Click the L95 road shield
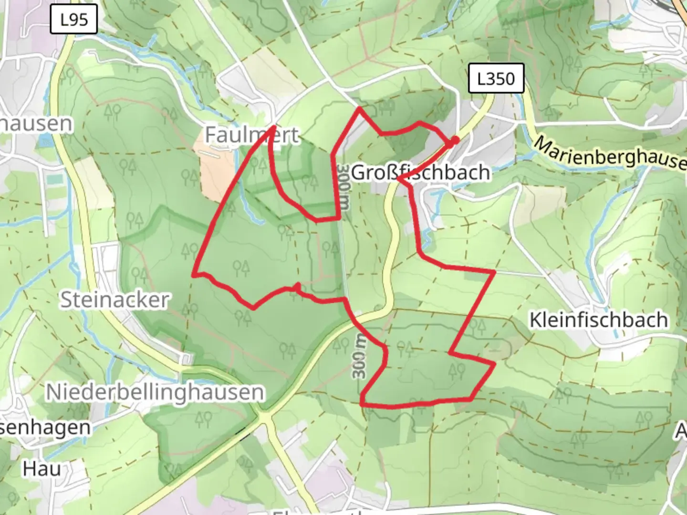click(x=74, y=20)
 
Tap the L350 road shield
click(x=496, y=78)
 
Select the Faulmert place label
click(x=252, y=135)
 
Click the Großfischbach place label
click(x=420, y=172)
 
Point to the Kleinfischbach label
click(x=598, y=320)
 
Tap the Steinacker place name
click(x=114, y=300)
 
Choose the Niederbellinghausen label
click(x=155, y=392)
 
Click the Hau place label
click(x=42, y=469)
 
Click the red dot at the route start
click(x=455, y=140)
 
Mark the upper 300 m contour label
click(x=343, y=188)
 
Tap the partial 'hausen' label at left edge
click(x=36, y=124)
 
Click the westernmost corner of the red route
click(x=194, y=274)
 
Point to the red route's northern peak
click(x=360, y=109)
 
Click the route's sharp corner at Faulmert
click(x=273, y=127)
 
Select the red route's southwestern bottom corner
click(x=363, y=404)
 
